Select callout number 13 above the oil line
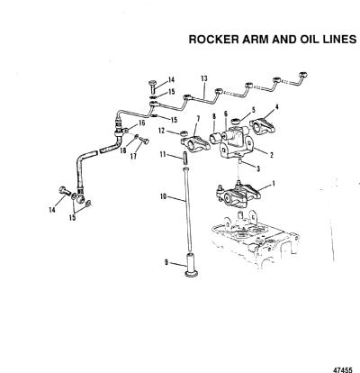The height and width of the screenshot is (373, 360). click(x=204, y=78)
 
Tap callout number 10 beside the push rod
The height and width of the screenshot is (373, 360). click(x=163, y=196)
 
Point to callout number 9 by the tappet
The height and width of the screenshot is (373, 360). click(x=166, y=262)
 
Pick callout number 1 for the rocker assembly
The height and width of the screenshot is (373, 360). click(x=273, y=183)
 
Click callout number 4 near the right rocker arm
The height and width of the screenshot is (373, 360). click(x=276, y=106)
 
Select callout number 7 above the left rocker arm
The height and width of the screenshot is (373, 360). click(x=198, y=120)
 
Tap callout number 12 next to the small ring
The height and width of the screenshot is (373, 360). click(x=162, y=131)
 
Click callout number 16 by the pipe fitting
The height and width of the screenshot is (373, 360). click(x=141, y=123)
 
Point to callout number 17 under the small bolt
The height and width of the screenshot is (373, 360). click(x=133, y=156)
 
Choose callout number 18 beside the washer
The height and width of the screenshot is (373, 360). click(x=123, y=150)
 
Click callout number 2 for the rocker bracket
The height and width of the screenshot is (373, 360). click(x=272, y=155)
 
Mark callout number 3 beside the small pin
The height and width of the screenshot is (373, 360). click(x=258, y=169)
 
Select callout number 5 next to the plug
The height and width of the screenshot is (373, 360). click(x=254, y=110)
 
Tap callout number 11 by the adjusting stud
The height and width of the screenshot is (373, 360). click(x=163, y=155)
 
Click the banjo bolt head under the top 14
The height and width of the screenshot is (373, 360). click(x=153, y=83)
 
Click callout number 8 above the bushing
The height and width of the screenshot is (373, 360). click(x=214, y=115)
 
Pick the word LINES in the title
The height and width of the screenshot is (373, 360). click(x=337, y=40)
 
